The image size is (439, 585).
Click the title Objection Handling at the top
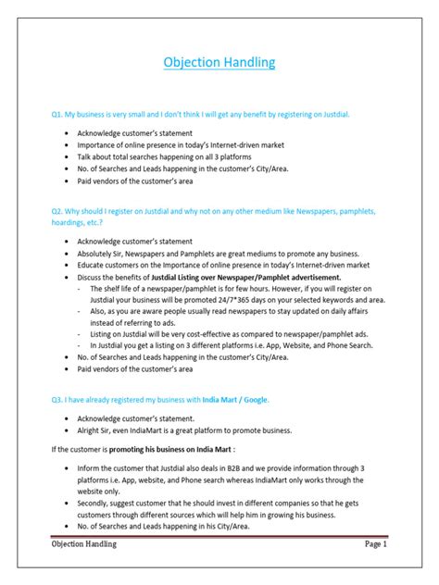[x=219, y=63]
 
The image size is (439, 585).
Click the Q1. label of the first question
[x=59, y=114]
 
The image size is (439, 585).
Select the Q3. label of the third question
[x=59, y=399]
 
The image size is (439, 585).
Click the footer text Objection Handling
[x=84, y=570]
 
